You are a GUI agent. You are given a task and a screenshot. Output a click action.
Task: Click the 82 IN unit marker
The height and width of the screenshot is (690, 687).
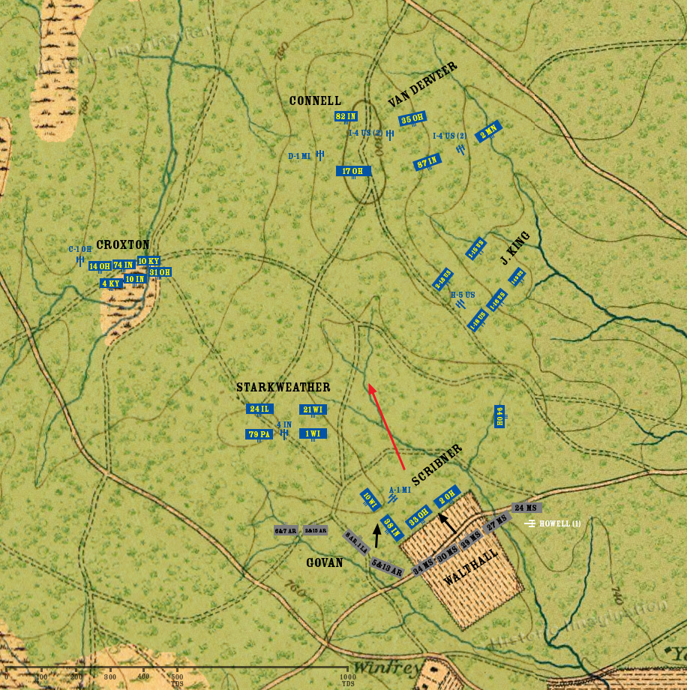click(346, 116)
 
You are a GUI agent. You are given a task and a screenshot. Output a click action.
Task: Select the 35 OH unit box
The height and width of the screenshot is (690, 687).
click(412, 119)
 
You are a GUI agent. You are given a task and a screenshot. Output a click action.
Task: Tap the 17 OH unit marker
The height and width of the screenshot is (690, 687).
click(353, 171)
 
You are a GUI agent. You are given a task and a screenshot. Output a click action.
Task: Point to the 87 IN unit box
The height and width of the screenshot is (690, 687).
click(427, 162)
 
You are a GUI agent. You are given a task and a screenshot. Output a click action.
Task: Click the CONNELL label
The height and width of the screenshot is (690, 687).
click(315, 100)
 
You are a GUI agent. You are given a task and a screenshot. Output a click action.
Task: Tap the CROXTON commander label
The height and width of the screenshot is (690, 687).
click(123, 244)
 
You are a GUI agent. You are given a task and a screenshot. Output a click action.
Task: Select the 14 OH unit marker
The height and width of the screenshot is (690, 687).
click(99, 266)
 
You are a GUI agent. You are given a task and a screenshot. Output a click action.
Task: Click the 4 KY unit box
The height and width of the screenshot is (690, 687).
click(111, 283)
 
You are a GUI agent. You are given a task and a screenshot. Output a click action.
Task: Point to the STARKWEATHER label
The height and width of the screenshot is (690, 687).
click(283, 387)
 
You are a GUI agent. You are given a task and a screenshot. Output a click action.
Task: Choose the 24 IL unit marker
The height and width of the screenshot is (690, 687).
click(259, 409)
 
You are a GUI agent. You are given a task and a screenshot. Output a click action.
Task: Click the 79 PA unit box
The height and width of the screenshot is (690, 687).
click(259, 434)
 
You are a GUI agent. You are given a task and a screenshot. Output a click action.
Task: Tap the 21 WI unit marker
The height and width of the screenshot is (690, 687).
click(313, 409)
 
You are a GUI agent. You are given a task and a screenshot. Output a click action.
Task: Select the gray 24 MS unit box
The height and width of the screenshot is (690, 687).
click(526, 508)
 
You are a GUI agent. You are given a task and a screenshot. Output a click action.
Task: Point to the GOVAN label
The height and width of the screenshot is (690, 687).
click(324, 562)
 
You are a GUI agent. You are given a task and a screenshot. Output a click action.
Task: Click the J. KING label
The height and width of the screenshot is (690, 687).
click(515, 248)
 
